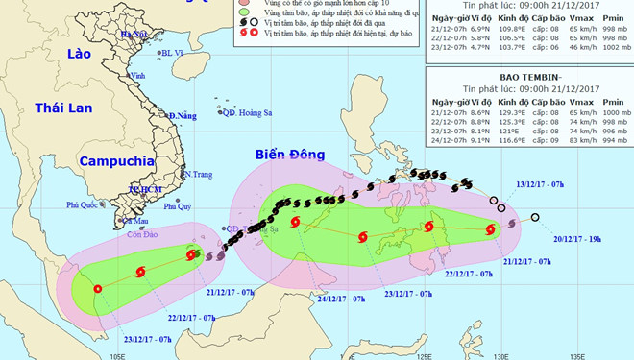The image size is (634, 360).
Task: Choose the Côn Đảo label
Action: pyautogui.click(x=141, y=234)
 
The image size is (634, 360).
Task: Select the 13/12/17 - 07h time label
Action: pyautogui.click(x=540, y=183)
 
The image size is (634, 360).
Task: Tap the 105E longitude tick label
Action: pyautogui.click(x=118, y=354)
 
